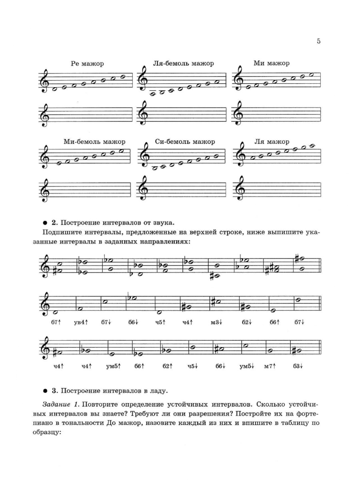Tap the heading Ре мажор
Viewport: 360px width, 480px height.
coord(87,64)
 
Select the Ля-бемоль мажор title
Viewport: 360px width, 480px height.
coord(183,63)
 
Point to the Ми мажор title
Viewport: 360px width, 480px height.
coord(272,63)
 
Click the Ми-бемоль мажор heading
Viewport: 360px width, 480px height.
coord(94,142)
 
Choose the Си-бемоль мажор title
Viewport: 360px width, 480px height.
coord(185,142)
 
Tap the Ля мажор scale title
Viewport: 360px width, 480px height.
coord(272,142)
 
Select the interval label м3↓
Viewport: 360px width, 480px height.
coord(216,323)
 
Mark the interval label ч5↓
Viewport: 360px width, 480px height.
coord(193,366)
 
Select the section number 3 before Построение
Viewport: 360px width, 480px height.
coord(58,391)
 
